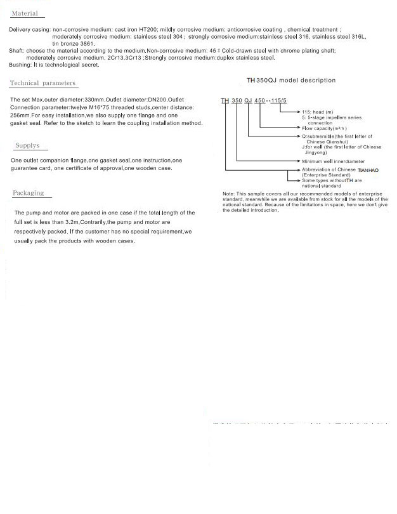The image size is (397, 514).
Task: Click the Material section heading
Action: point(25,13)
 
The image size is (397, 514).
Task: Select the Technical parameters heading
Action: point(42,83)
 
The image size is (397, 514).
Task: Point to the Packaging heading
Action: point(29,193)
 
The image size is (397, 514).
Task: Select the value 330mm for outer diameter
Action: point(94,100)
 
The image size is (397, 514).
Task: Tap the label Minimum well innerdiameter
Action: point(334,161)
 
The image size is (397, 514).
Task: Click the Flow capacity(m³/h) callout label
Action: point(325,129)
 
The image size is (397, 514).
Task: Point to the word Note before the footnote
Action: point(228,193)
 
